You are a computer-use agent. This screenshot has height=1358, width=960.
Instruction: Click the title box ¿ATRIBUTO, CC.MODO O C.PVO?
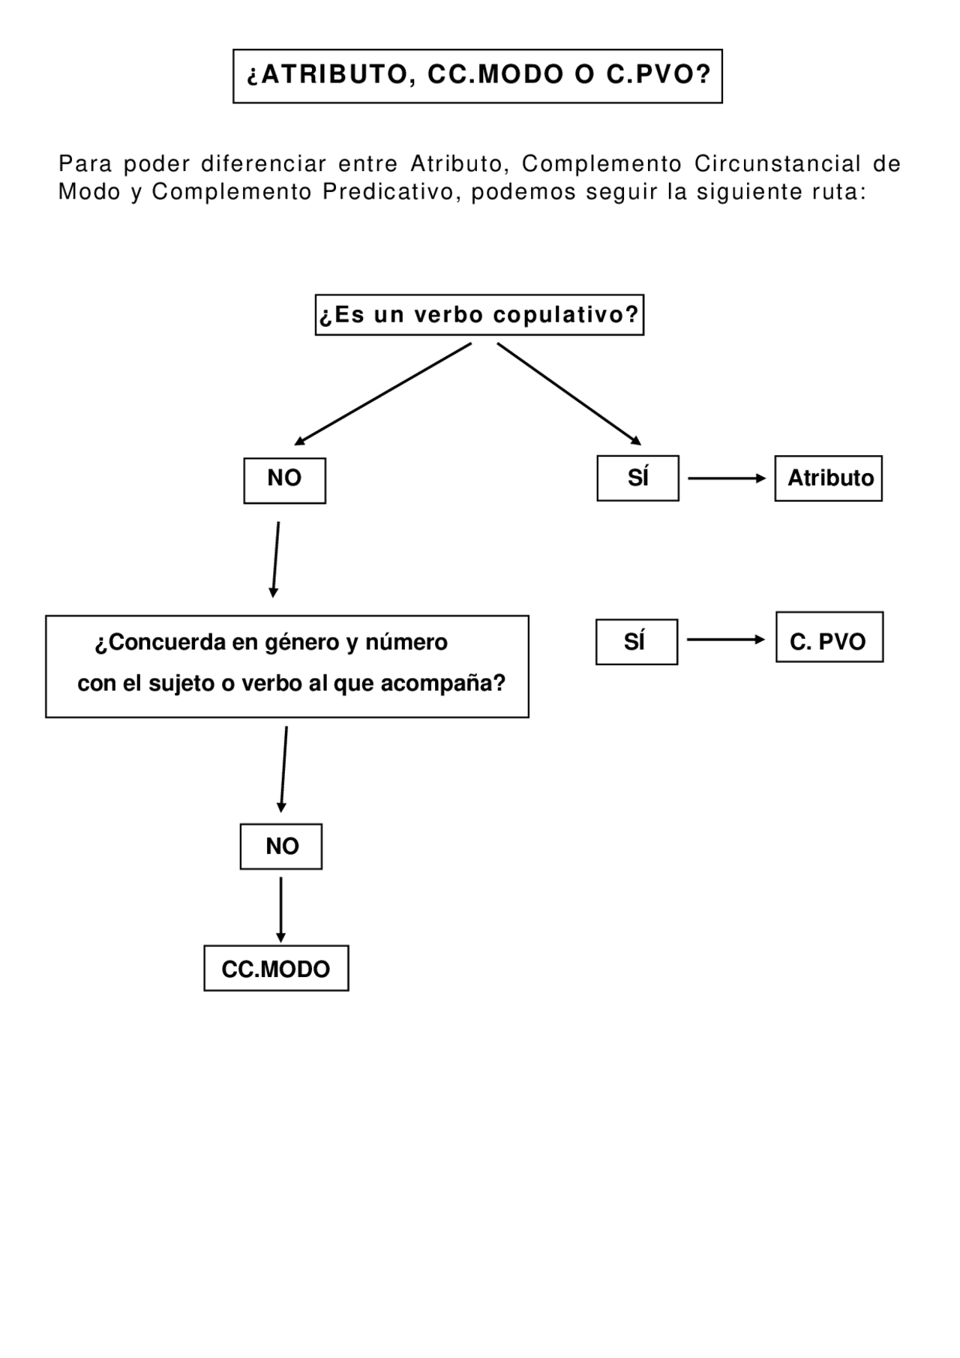click(477, 76)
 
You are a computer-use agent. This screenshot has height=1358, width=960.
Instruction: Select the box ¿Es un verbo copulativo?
click(479, 315)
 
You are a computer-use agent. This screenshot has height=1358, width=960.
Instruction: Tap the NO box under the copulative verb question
click(284, 480)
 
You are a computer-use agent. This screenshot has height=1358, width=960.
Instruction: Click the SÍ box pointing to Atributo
click(637, 478)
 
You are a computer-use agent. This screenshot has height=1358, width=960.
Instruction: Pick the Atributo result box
click(828, 478)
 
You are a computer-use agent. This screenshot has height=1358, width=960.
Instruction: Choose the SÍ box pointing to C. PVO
click(636, 642)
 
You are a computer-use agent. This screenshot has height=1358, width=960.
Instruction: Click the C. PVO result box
click(829, 637)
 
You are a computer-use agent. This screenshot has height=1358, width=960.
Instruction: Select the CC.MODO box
click(276, 968)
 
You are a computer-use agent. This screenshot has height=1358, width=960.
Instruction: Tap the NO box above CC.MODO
click(281, 847)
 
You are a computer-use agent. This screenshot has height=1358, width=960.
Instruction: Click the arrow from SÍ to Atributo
click(726, 478)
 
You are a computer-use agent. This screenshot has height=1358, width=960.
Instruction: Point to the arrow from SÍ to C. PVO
click(725, 640)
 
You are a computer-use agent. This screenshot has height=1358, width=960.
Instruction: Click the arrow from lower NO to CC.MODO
click(280, 909)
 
